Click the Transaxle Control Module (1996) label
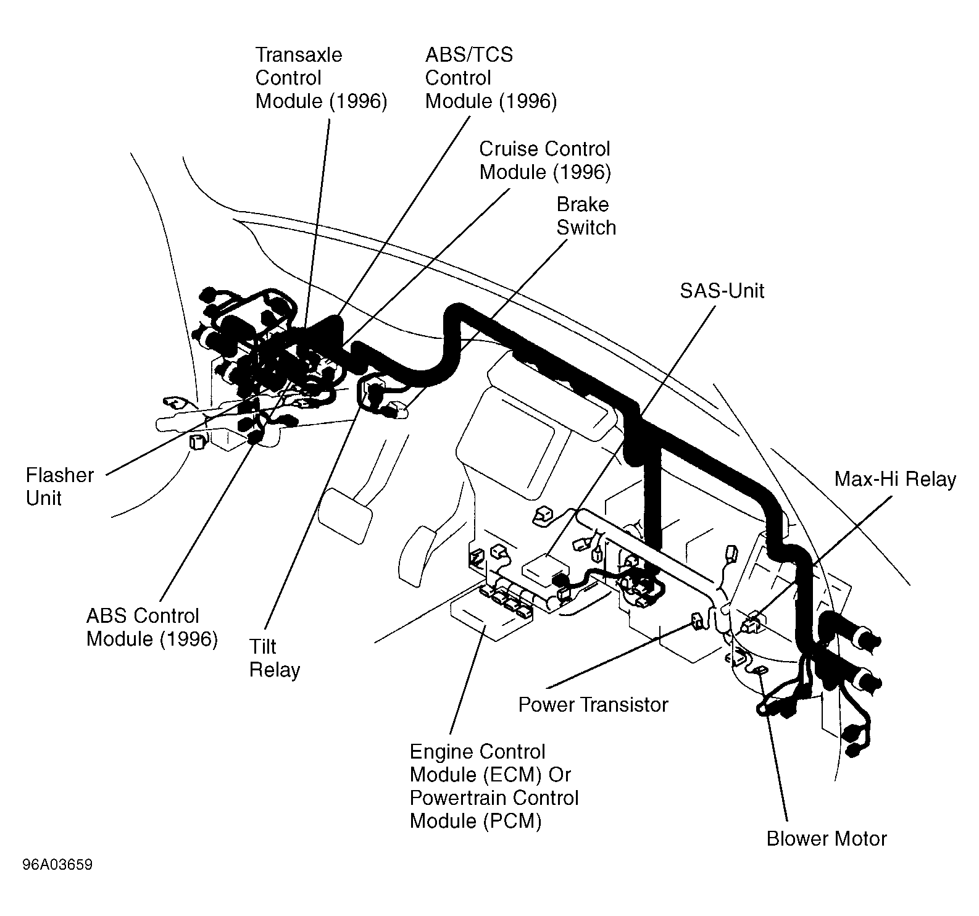coord(321,78)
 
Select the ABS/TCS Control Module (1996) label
coord(491,78)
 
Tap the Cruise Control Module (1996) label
coord(545,160)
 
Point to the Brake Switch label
coord(586,216)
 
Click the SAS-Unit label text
coord(722,291)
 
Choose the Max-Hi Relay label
coord(895,479)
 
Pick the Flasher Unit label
coord(60,486)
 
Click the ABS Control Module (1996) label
coord(152,627)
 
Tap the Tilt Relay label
coord(275,658)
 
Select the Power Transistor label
coord(593,704)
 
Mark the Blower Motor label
coord(827,838)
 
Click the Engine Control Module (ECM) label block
coord(494,786)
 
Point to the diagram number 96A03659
coord(57,865)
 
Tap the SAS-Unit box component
coord(548,568)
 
